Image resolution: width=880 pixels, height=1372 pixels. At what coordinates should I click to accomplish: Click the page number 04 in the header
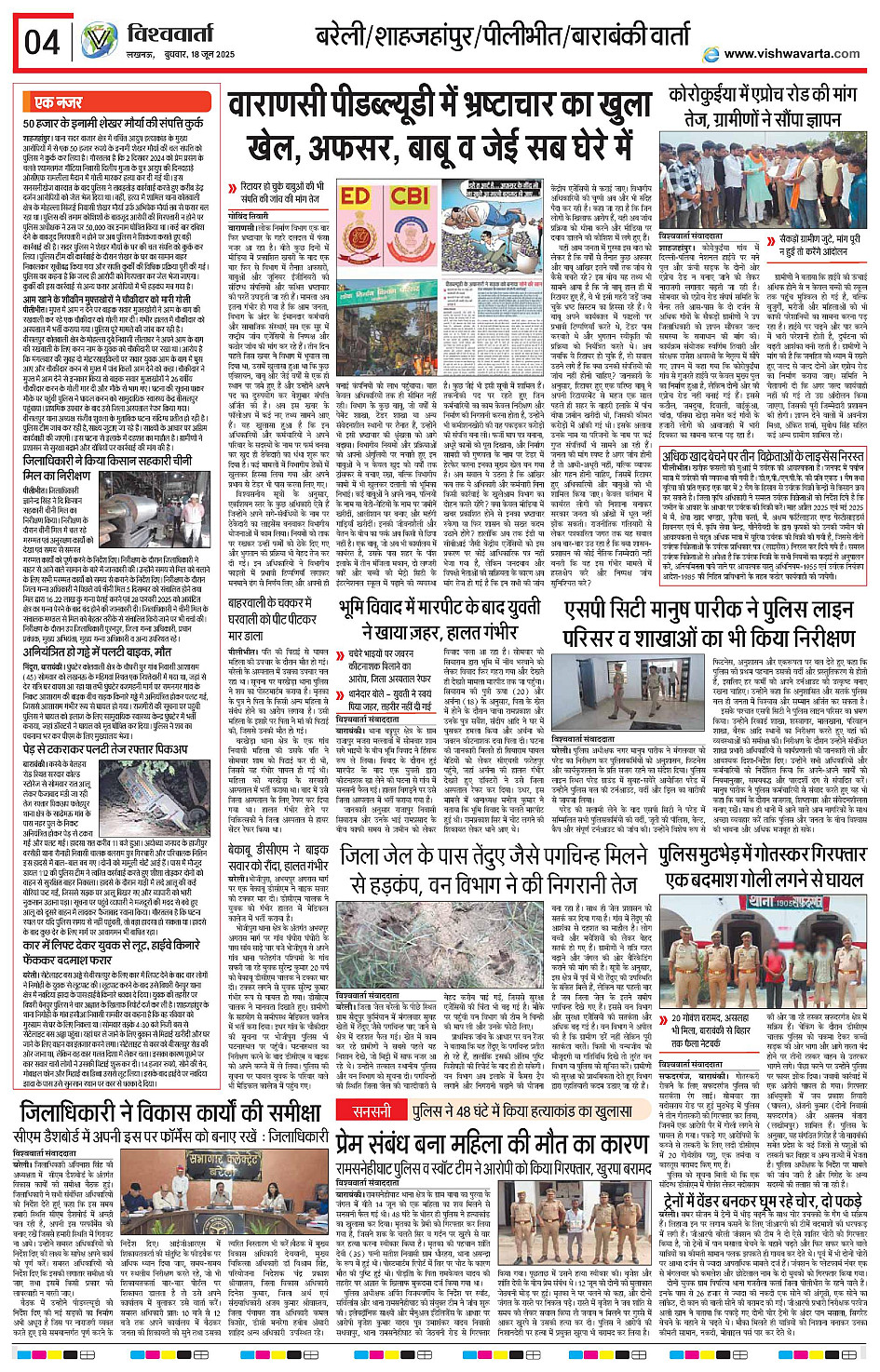pyautogui.click(x=43, y=43)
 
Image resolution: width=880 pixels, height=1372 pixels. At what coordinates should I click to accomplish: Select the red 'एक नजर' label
pyautogui.click(x=59, y=102)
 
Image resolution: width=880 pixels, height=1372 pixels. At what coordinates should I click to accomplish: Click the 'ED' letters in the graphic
pyautogui.click(x=355, y=197)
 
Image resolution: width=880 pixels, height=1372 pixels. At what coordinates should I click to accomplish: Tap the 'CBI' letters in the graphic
pyautogui.click(x=409, y=197)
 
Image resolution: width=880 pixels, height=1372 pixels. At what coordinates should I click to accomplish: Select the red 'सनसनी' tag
pyautogui.click(x=372, y=1111)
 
